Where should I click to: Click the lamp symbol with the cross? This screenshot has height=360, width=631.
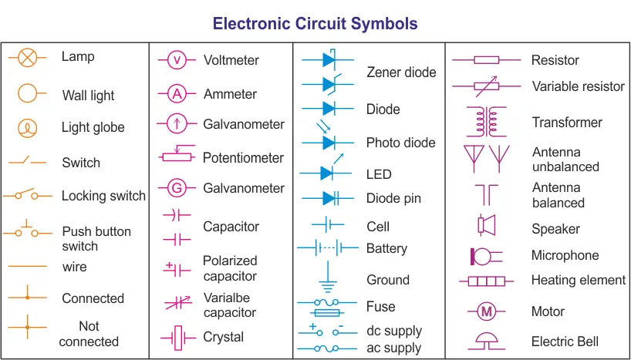pyautogui.click(x=28, y=57)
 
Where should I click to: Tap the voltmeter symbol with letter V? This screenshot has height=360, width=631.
pyautogui.click(x=177, y=60)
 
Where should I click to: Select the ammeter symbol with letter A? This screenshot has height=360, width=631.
pyautogui.click(x=177, y=94)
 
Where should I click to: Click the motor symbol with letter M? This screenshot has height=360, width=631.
pyautogui.click(x=486, y=312)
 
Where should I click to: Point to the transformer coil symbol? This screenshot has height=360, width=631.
pyautogui.click(x=486, y=122)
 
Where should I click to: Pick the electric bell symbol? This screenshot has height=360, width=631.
pyautogui.click(x=486, y=339)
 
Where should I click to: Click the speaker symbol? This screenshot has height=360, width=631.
pyautogui.click(x=486, y=225)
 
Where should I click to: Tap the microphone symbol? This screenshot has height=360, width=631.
pyautogui.click(x=483, y=256)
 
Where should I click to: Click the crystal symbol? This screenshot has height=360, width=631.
pyautogui.click(x=178, y=337)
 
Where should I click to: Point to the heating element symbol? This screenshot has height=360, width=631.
pyautogui.click(x=486, y=281)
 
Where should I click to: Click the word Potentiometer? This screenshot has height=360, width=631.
pyautogui.click(x=243, y=158)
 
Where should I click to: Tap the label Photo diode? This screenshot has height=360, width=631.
pyautogui.click(x=400, y=143)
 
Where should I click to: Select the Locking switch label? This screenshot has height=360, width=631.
pyautogui.click(x=103, y=196)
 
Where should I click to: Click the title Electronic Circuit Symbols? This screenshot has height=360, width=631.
pyautogui.click(x=315, y=24)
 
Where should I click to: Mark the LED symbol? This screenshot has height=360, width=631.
pyautogui.click(x=329, y=173)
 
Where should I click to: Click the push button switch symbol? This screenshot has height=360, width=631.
pyautogui.click(x=28, y=230)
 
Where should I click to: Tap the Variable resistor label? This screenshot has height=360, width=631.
pyautogui.click(x=578, y=86)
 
